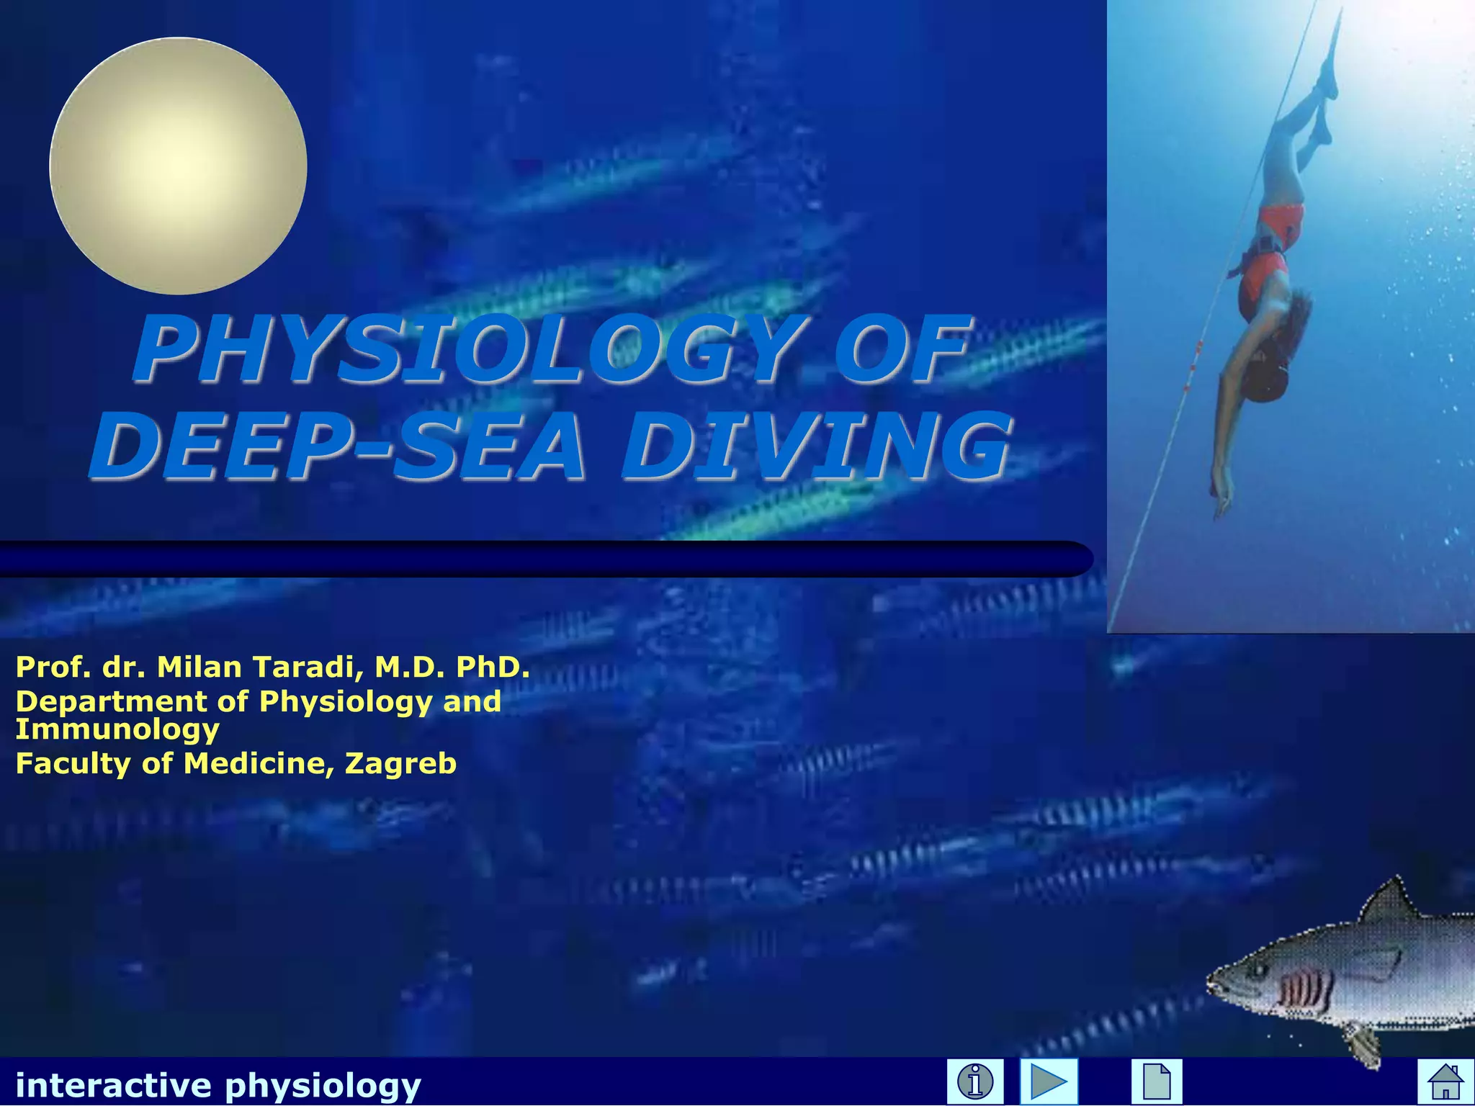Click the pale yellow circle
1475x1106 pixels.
[x=178, y=166]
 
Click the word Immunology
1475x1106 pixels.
[x=117, y=729]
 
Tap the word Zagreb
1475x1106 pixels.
[x=400, y=763]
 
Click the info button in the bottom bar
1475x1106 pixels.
[x=975, y=1082]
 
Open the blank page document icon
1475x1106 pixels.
[x=1156, y=1082]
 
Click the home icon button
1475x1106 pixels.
[x=1445, y=1082]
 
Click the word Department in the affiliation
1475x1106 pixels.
[x=111, y=701]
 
